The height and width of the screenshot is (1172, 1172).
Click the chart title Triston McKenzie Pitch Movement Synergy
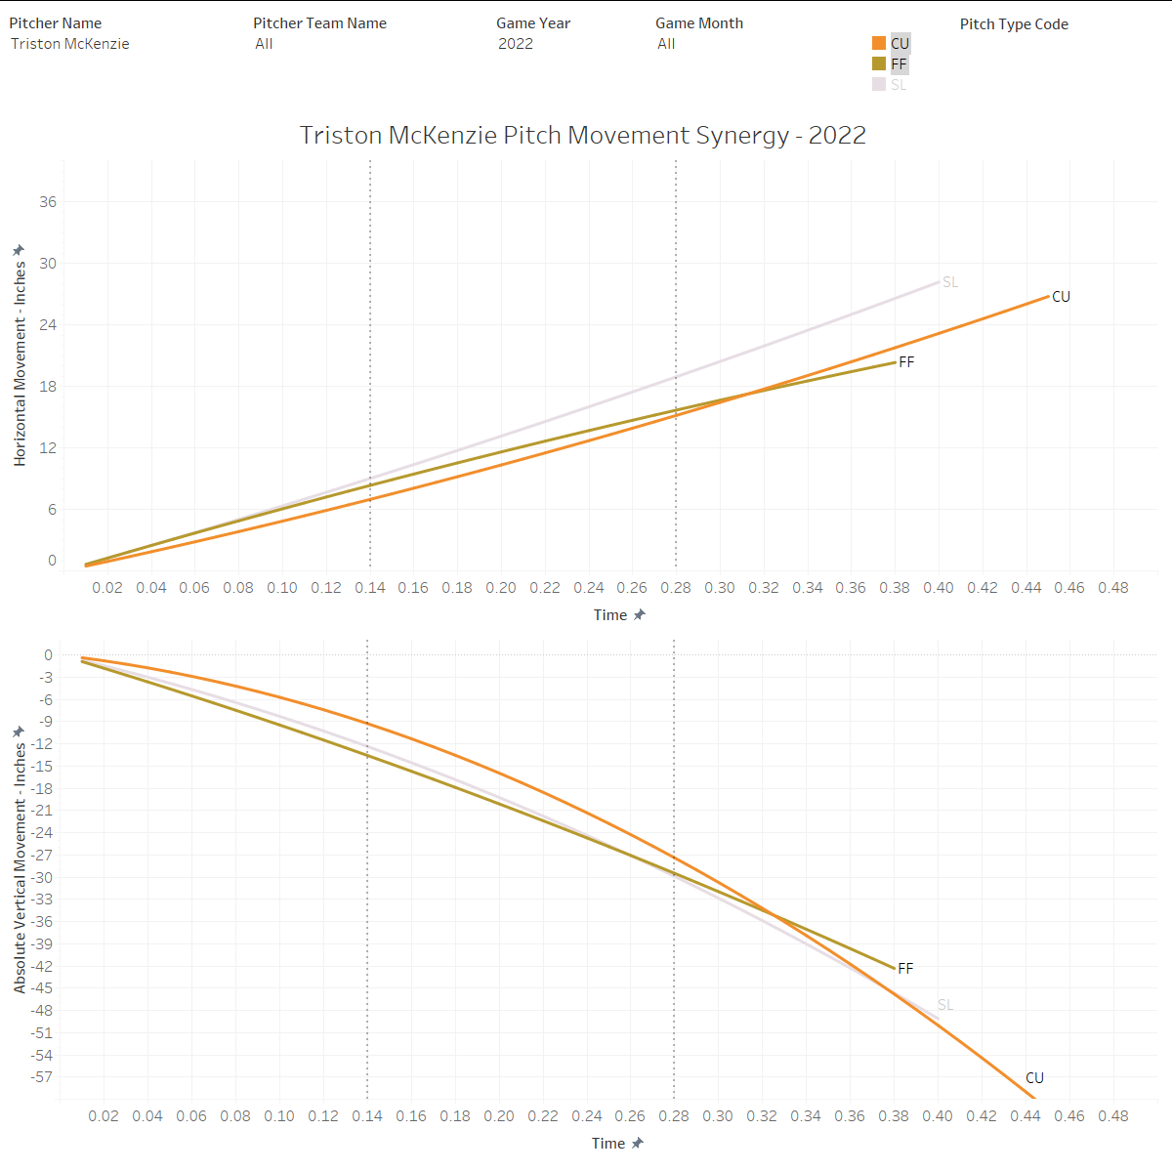[582, 135]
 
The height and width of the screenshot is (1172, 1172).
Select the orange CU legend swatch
[879, 43]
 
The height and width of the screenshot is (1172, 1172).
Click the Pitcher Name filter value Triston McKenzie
[70, 44]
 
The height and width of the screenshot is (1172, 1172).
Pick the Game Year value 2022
[516, 44]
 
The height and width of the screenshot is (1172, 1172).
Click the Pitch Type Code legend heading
[1014, 24]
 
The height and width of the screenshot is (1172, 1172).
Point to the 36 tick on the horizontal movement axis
[48, 202]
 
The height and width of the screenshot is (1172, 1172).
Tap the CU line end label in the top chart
[1061, 297]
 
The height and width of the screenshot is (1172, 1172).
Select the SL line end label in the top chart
[950, 282]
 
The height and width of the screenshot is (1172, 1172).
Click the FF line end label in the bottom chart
[905, 969]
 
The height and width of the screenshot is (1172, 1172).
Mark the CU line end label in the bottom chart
[1034, 1078]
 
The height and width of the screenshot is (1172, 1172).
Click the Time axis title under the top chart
[610, 615]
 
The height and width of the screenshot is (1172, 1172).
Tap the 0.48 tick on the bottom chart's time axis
[1113, 1116]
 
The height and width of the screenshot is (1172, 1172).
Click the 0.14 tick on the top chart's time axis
[369, 588]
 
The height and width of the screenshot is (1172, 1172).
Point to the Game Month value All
[666, 44]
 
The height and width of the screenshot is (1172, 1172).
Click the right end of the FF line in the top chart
[895, 362]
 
